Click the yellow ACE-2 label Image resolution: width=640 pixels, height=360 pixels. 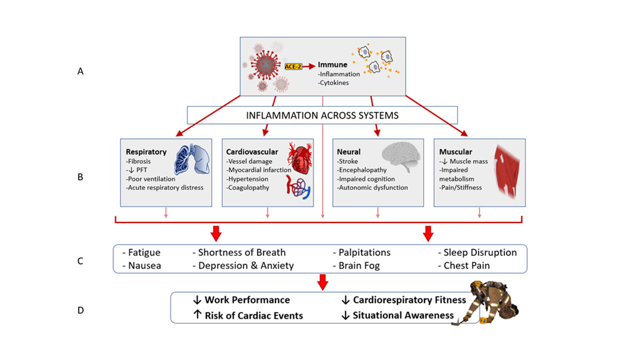[292, 66]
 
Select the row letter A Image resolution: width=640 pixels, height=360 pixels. [80, 71]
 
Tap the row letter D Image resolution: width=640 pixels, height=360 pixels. [80, 310]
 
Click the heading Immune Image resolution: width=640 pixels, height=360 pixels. [332, 64]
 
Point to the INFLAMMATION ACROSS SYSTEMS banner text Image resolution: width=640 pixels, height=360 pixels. [322, 115]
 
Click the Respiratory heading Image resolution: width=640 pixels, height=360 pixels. [146, 152]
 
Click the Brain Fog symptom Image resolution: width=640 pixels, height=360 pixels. [359, 266]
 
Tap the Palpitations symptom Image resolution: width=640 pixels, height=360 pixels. [364, 252]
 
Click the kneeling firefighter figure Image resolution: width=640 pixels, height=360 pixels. [492, 302]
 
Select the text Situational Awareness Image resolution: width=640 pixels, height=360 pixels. [403, 315]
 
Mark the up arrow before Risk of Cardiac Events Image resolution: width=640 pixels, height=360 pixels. [196, 315]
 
